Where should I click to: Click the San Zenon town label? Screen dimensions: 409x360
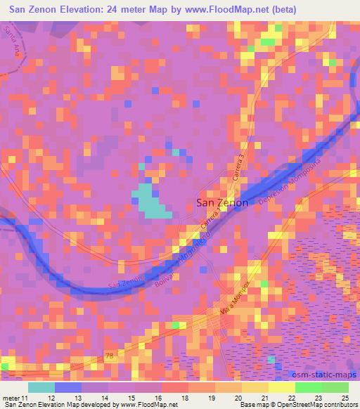coord(221,203)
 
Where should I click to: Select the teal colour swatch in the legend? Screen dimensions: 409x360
coord(40,387)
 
